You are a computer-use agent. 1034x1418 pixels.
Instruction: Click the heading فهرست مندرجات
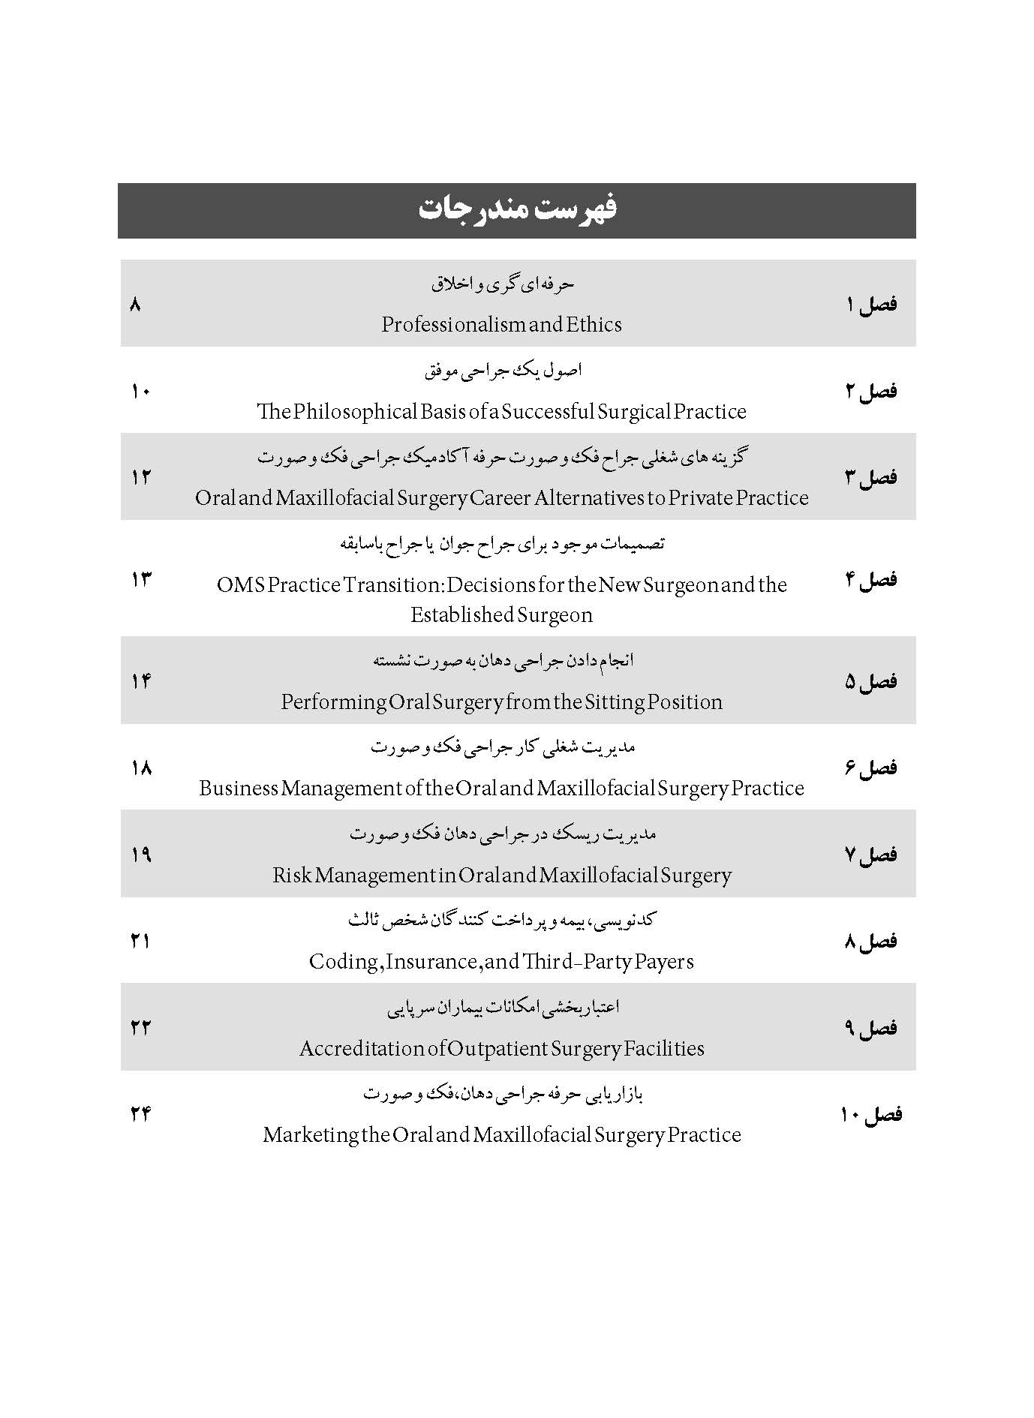[517, 209]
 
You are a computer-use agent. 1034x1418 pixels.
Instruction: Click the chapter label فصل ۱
[870, 304]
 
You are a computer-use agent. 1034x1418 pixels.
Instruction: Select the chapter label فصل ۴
[870, 579]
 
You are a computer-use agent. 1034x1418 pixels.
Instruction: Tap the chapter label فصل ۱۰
[870, 1114]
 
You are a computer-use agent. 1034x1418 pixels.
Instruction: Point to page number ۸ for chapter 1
[135, 304]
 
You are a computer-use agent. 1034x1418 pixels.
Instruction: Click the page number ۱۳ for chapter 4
[141, 579]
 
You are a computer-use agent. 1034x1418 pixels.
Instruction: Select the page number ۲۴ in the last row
[141, 1114]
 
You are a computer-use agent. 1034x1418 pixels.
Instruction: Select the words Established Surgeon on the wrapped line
[501, 614]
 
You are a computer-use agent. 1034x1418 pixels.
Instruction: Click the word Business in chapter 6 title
[239, 789]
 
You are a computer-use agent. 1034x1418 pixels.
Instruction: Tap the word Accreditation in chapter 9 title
[362, 1048]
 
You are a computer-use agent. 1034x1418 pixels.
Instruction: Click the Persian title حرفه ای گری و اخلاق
[502, 284]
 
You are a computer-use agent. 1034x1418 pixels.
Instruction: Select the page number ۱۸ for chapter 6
[141, 768]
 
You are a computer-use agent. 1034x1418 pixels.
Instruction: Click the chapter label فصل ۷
[870, 855]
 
